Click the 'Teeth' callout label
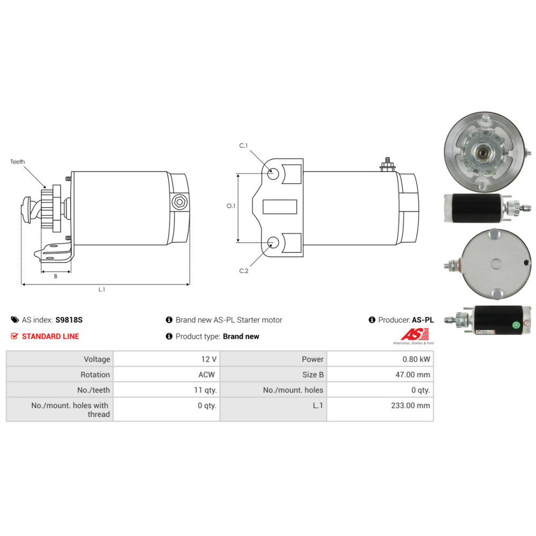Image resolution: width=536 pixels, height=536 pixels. (18, 162)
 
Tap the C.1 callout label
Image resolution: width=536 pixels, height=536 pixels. (243, 146)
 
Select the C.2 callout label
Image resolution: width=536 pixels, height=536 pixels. (244, 271)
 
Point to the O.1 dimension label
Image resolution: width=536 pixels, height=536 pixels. (231, 206)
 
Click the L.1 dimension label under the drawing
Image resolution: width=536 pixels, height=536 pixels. (102, 289)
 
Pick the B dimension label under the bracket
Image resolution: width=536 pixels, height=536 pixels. (56, 276)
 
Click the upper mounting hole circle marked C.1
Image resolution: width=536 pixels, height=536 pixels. (273, 174)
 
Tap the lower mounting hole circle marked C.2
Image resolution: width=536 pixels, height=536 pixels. (273, 242)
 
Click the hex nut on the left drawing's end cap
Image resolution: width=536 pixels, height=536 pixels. (180, 202)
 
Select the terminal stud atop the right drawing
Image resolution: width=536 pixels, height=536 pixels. (388, 165)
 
